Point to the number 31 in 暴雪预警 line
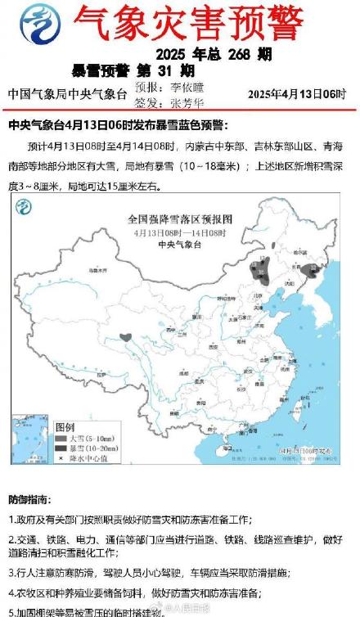point(173,71)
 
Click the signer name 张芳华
point(190,102)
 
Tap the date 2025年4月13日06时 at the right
point(297,94)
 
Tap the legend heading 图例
point(65,427)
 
